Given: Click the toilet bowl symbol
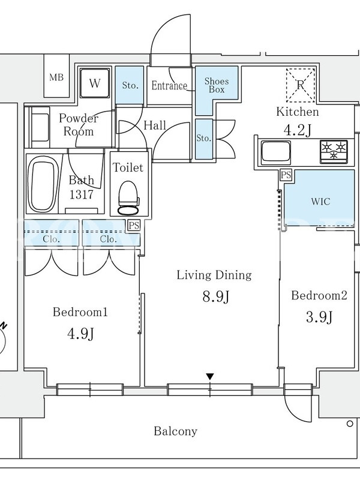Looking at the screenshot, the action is (128, 199).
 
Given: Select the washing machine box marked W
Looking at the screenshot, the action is (95, 83).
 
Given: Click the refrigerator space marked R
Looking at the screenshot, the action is (301, 85).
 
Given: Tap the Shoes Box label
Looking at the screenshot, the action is (217, 85).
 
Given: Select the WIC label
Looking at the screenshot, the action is (320, 202).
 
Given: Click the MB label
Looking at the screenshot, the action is (56, 77).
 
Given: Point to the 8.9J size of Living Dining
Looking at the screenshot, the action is (216, 296).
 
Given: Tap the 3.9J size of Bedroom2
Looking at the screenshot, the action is (319, 317).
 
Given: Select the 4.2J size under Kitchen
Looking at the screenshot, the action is (298, 130).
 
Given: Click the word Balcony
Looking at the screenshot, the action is (175, 431).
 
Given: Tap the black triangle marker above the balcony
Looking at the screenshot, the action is (209, 377).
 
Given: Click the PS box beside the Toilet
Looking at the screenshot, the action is (134, 226).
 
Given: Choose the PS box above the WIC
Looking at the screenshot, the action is (286, 175).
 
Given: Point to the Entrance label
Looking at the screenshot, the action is (169, 85).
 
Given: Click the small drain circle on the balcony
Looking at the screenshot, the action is (350, 424).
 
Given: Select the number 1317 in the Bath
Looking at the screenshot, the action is (81, 194).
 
